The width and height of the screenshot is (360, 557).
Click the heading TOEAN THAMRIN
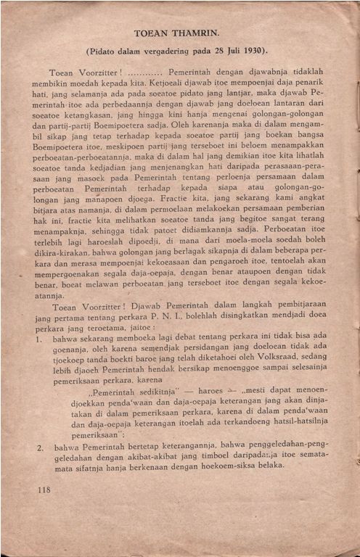click(180, 33)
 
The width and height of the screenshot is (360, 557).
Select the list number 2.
click(40, 449)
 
